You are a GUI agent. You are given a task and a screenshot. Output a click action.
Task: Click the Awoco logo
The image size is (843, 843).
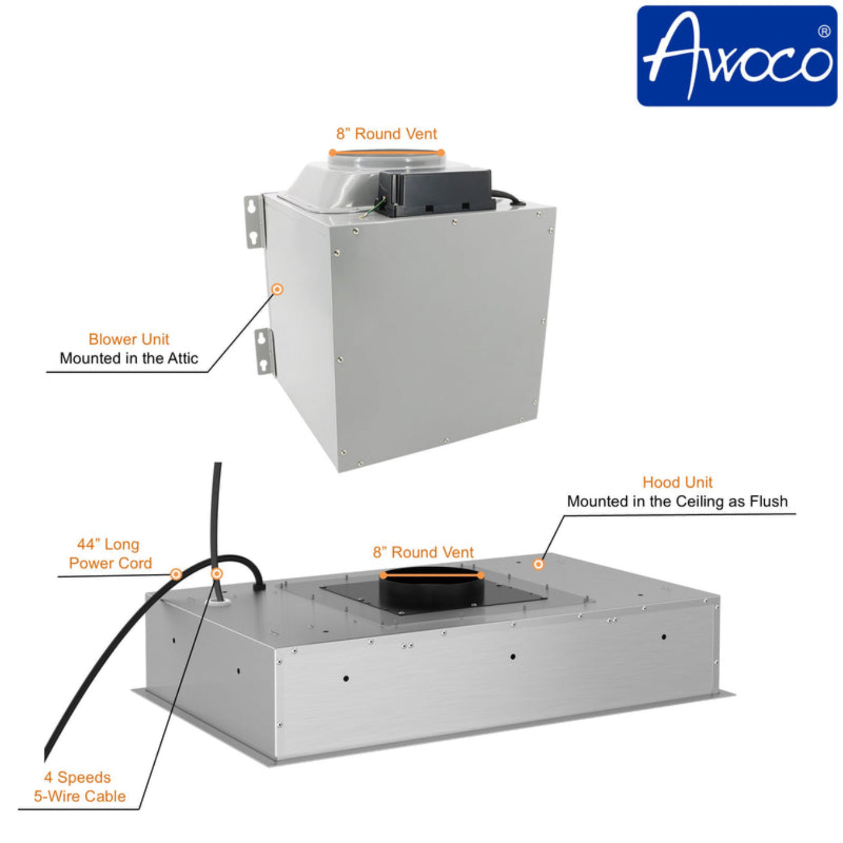coord(736,56)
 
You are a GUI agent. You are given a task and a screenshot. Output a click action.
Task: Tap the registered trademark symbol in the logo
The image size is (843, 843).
coord(824,31)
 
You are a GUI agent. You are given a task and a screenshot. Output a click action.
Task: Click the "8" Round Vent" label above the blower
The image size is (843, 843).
coord(387,134)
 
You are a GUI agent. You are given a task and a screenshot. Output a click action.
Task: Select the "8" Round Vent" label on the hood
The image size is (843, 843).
coord(423,552)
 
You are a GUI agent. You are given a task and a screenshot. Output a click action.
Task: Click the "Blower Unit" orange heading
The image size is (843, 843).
coord(129,339)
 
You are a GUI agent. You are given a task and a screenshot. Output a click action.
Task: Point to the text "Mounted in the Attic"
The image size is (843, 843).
coord(129,358)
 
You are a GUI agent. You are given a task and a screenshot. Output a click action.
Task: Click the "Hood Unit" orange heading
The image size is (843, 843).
coord(677,482)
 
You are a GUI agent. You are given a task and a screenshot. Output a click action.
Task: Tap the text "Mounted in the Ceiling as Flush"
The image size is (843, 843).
coord(677,502)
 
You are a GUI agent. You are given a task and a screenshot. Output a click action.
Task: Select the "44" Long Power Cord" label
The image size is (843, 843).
coord(110,554)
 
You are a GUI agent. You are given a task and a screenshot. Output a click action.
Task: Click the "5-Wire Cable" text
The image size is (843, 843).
coord(80,796)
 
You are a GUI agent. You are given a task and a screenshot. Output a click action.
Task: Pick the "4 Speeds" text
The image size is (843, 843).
coord(78,777)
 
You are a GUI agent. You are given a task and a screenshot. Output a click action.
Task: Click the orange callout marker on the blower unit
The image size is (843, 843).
coord(277,290)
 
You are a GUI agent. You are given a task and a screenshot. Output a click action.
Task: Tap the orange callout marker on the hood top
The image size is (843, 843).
coord(538,564)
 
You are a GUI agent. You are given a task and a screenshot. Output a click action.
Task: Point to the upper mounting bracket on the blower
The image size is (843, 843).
coord(253,220)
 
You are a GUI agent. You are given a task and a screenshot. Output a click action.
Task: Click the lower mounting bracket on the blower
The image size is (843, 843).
coord(264,352)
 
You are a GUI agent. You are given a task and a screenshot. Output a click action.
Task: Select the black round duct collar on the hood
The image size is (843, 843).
coord(431,587)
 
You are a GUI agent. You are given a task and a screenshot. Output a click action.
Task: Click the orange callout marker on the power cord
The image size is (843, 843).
coord(176,574)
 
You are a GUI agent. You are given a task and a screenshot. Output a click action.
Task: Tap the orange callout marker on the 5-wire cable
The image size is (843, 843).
coord(217,574)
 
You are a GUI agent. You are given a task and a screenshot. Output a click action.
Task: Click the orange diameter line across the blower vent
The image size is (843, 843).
coord(387,152)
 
